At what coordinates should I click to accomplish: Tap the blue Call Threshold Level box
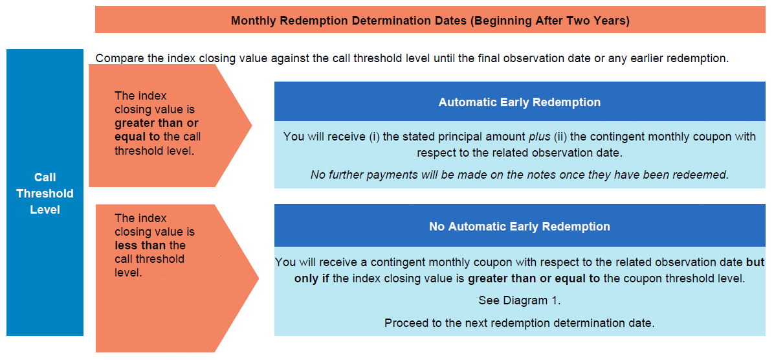coord(45,192)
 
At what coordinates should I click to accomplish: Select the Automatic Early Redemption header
coord(520,102)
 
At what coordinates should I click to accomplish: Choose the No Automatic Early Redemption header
coord(520,226)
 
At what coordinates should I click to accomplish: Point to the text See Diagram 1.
coord(519,300)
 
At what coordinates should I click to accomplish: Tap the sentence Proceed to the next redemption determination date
coord(519,324)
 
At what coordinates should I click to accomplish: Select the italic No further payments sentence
coord(519,175)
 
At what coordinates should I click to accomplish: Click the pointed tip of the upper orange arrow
coord(252,126)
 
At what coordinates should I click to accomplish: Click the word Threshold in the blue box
coord(45,193)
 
